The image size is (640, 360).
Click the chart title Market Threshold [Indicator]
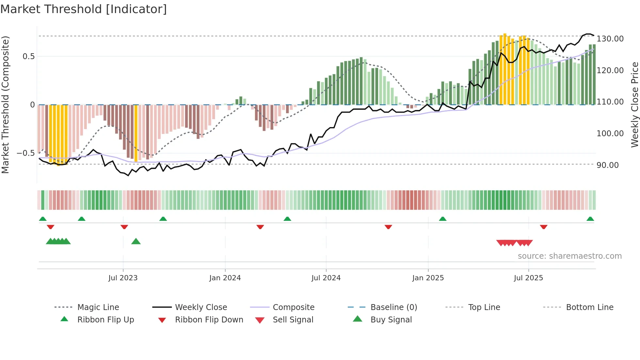[84, 9]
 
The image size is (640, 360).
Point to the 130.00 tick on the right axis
[610, 39]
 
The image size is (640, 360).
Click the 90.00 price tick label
[607, 165]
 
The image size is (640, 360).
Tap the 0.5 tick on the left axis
[28, 57]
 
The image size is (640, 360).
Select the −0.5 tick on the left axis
[25, 153]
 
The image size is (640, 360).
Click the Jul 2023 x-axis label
[123, 278]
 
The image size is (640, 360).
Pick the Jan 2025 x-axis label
[428, 278]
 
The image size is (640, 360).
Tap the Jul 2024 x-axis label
[326, 278]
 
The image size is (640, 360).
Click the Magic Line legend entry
[98, 307]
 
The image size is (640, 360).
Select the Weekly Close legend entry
[201, 307]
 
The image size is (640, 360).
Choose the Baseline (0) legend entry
[393, 307]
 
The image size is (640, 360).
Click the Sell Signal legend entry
[293, 320]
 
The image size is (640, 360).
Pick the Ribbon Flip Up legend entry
[105, 320]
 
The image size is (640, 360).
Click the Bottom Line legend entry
[589, 307]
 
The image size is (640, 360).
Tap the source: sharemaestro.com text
[569, 256]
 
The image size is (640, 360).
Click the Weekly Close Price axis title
[634, 105]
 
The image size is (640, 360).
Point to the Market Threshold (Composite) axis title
[5, 105]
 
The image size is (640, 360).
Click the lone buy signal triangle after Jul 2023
[136, 241]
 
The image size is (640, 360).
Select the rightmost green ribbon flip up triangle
[590, 219]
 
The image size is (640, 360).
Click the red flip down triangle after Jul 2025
[543, 227]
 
